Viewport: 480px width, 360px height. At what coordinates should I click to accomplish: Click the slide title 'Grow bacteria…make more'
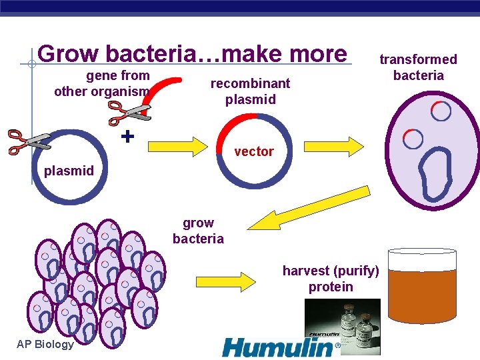coord(192,53)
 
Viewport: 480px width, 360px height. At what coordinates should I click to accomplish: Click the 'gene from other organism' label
coord(102,83)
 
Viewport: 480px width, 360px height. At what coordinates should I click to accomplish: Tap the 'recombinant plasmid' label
coord(250,91)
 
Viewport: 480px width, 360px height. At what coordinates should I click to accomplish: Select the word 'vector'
coord(253,151)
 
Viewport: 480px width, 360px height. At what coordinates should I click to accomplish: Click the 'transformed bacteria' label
coord(418,67)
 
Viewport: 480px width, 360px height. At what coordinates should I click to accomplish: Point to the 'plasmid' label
coord(69,171)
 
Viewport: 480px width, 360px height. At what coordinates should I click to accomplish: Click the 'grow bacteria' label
coord(198,231)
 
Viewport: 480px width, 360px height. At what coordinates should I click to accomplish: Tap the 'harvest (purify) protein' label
coord(331,279)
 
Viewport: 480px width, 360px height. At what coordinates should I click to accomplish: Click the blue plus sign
coord(127,136)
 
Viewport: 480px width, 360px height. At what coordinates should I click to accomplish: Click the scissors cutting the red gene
coord(131,109)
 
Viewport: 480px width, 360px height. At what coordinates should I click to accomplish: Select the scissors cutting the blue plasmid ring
coord(29,141)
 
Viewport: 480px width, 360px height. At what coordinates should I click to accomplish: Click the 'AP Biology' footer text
coord(45,344)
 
